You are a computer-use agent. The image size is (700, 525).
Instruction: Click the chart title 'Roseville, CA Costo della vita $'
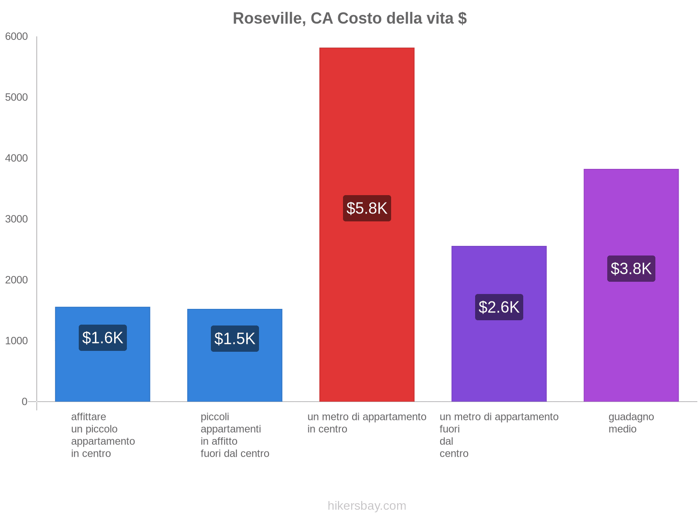[x=350, y=18]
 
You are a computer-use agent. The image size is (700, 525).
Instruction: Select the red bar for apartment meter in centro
[x=367, y=131]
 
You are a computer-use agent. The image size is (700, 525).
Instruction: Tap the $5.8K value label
[x=367, y=208]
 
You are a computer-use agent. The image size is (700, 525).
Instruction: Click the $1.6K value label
[x=103, y=338]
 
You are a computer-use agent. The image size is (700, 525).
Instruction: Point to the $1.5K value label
[x=234, y=339]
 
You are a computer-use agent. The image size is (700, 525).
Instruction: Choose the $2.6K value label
[x=499, y=307]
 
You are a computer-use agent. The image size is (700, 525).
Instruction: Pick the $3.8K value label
[x=631, y=269]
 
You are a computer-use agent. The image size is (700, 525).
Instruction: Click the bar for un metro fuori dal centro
[x=499, y=359]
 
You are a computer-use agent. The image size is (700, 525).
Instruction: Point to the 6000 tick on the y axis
[x=17, y=37]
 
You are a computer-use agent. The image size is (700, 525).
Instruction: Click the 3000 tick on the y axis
[x=17, y=219]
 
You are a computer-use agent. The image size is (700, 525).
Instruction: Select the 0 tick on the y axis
[x=24, y=402]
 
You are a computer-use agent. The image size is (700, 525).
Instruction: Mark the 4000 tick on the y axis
[x=17, y=158]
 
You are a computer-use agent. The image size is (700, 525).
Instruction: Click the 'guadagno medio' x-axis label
[x=631, y=423]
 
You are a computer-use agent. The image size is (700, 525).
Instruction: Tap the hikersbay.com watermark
[x=367, y=506]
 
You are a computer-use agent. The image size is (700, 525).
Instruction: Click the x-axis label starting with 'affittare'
[x=103, y=435]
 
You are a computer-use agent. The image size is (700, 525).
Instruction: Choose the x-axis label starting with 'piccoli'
[x=234, y=435]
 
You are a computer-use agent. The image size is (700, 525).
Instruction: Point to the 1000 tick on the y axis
[x=17, y=341]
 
